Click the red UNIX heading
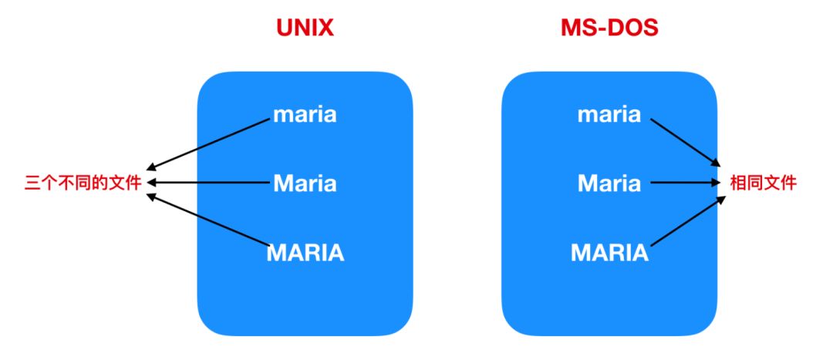[x=305, y=29]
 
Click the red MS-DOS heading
[x=609, y=29]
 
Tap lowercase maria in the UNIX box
[x=305, y=115]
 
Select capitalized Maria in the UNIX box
[x=305, y=183]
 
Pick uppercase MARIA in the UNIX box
[x=305, y=253]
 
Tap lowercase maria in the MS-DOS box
[x=609, y=115]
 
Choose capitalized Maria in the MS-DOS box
[x=609, y=183]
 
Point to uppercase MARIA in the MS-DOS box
[x=610, y=253]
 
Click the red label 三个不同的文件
[x=83, y=183]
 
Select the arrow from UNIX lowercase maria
[x=207, y=144]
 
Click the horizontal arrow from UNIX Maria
[x=207, y=183]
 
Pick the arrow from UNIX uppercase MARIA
[x=207, y=220]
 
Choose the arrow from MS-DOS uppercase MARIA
[x=688, y=221]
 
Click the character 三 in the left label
[x=32, y=183]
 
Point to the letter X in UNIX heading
[x=326, y=29]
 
